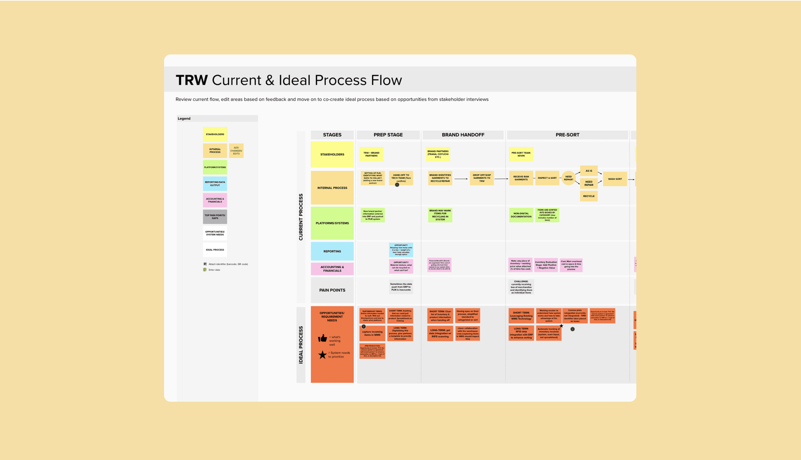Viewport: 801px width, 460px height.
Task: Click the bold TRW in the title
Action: point(192,80)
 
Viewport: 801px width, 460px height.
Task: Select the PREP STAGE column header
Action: point(388,135)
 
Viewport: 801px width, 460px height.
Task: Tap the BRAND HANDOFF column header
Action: point(463,135)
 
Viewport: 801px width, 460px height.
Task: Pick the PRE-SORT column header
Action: point(567,135)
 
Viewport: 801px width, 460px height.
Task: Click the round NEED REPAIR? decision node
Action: point(568,178)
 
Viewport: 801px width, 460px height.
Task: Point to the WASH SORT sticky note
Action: point(615,179)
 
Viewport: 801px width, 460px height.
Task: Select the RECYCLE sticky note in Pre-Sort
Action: point(589,196)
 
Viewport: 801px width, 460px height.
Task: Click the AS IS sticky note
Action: point(589,171)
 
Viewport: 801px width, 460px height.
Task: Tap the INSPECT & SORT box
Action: point(547,178)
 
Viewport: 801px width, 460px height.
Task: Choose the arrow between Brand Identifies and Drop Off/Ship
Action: point(461,179)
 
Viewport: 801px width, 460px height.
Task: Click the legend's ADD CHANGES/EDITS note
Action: point(236,151)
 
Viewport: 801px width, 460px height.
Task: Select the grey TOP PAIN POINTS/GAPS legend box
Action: point(215,217)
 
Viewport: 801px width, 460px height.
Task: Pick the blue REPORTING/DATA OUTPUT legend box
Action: point(215,184)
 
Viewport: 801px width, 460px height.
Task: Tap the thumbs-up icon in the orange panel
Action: point(323,338)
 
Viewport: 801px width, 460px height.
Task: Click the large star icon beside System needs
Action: point(322,355)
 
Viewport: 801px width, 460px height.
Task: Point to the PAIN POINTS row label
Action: point(332,290)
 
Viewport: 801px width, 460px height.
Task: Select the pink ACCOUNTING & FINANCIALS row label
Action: point(332,269)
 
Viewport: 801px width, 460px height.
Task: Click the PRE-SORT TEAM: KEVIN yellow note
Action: point(521,154)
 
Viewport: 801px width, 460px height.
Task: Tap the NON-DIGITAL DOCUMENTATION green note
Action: point(521,215)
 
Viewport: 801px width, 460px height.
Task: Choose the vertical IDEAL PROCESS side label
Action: point(301,345)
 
